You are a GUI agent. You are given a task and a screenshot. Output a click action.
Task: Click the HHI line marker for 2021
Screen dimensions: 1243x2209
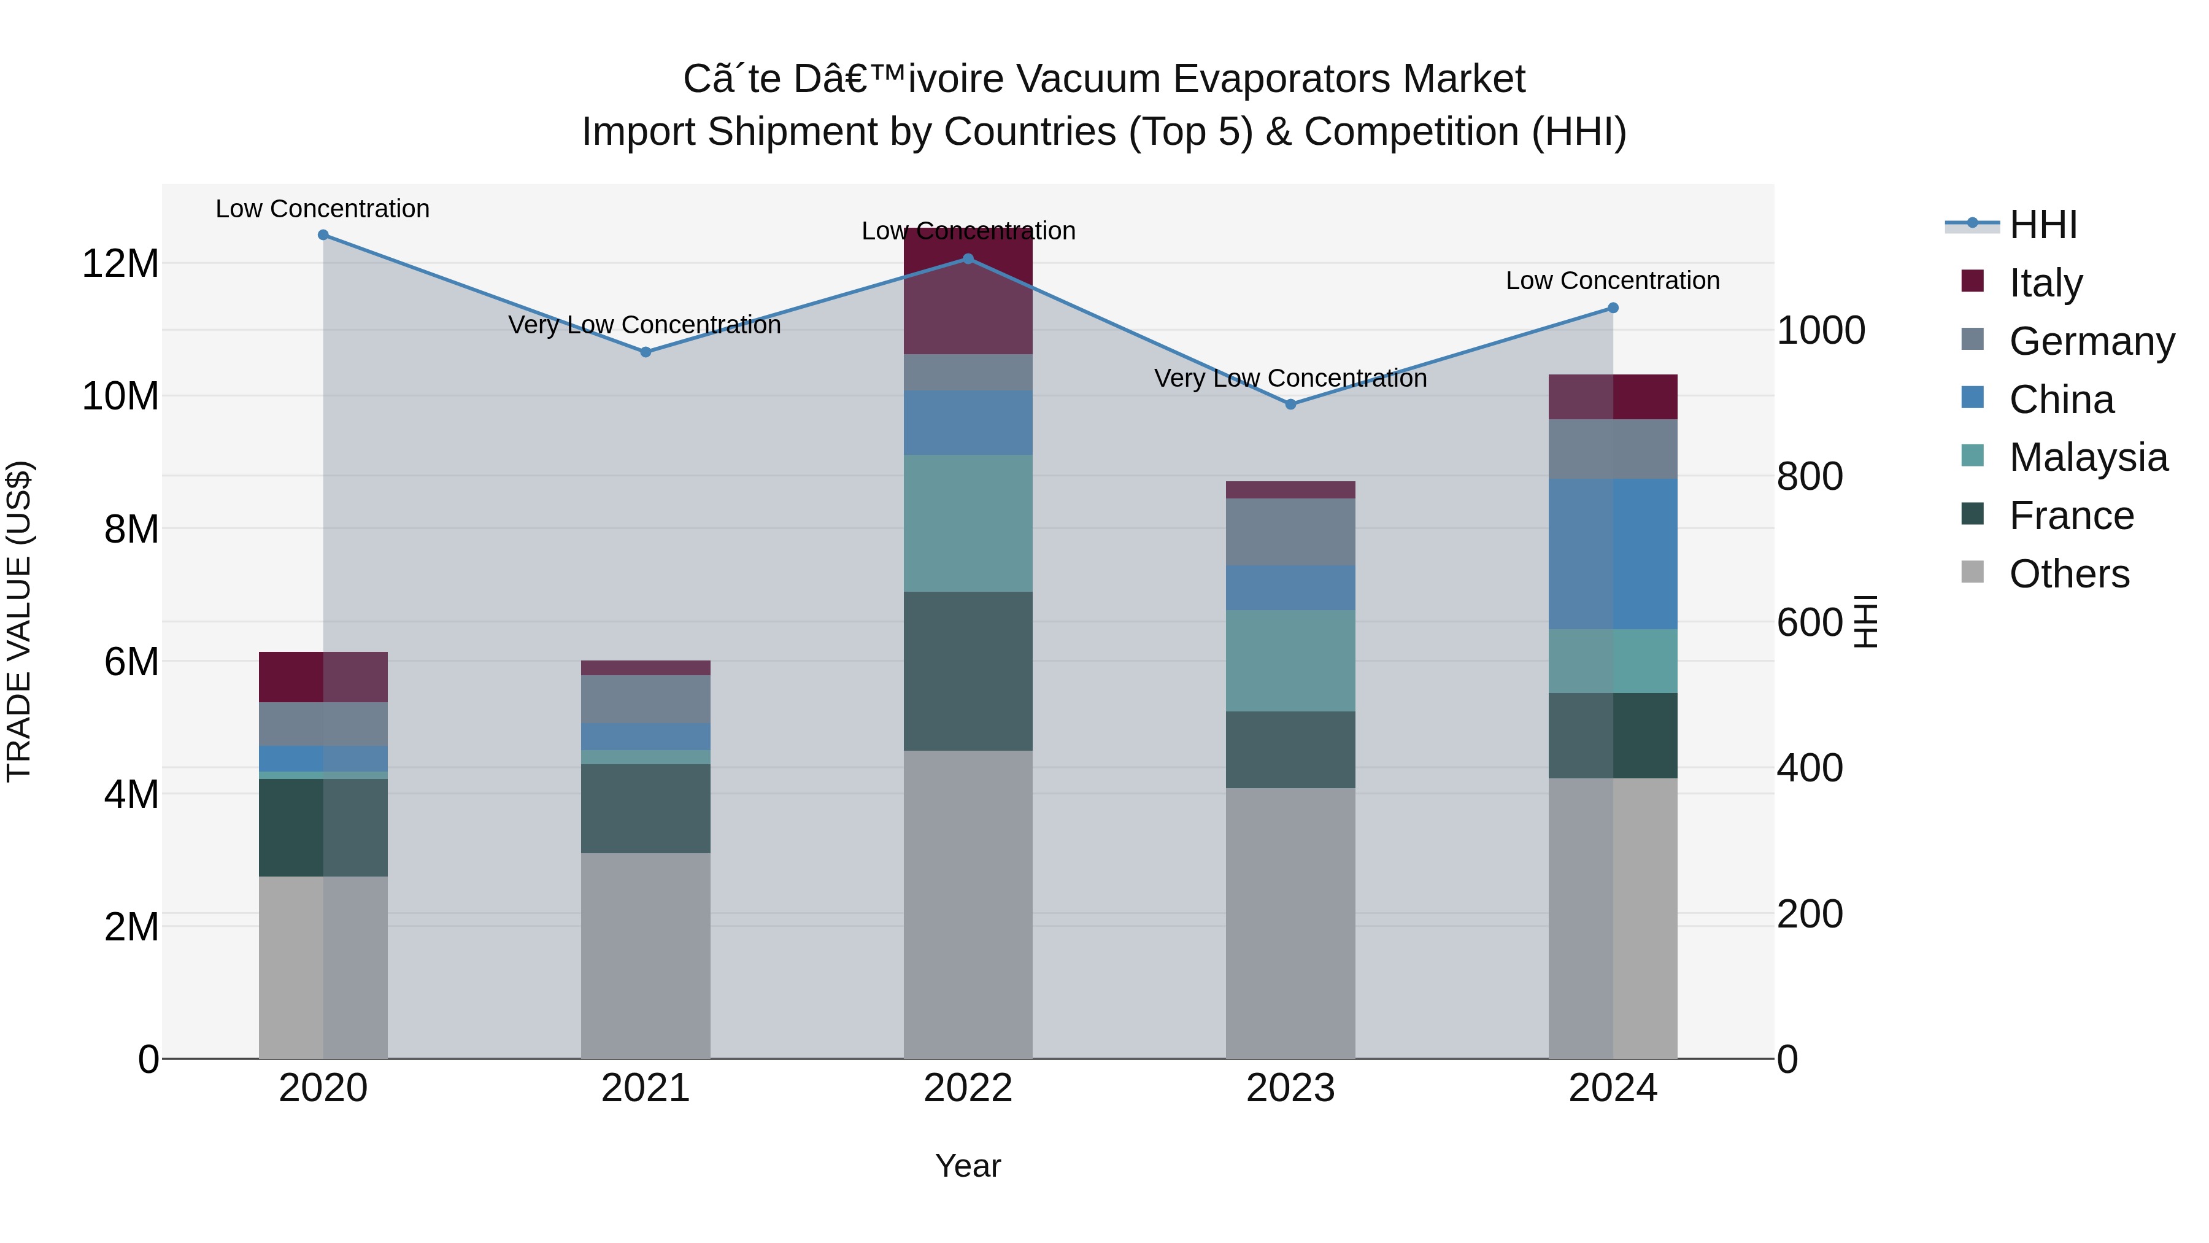[646, 352]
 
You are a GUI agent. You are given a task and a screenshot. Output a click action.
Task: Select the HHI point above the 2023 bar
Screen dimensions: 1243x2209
[1290, 404]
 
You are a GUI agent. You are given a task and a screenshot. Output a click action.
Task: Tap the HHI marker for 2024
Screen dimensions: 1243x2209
[1613, 308]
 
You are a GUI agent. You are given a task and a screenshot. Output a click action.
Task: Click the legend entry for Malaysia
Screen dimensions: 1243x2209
[2088, 457]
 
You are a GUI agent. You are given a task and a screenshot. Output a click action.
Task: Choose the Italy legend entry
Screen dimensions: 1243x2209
[2045, 283]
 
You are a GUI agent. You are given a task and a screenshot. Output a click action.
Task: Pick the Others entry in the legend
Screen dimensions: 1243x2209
[2068, 574]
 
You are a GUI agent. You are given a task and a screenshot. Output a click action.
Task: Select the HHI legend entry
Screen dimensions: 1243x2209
[2043, 225]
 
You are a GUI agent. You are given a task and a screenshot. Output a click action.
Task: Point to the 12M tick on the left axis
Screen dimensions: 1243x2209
[120, 263]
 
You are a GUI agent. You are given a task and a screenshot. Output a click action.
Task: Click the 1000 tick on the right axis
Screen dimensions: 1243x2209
[1821, 330]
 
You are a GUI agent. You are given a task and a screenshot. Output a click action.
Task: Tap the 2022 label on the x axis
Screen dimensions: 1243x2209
[968, 1088]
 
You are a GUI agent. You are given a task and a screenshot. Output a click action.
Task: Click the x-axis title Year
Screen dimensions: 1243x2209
[968, 1166]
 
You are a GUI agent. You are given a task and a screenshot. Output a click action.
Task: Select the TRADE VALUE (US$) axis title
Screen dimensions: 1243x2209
[19, 621]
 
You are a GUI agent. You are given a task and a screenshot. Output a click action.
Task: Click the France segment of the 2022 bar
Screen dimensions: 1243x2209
[968, 671]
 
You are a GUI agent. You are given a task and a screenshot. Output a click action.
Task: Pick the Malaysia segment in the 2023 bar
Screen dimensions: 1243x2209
[1290, 660]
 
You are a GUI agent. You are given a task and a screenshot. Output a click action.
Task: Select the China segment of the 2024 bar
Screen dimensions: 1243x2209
[1613, 554]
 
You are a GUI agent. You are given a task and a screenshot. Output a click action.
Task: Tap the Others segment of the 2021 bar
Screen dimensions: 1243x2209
[646, 956]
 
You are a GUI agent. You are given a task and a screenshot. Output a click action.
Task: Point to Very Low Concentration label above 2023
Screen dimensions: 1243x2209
[1290, 378]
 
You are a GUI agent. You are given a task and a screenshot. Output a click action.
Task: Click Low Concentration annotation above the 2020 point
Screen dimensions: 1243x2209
[322, 209]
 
